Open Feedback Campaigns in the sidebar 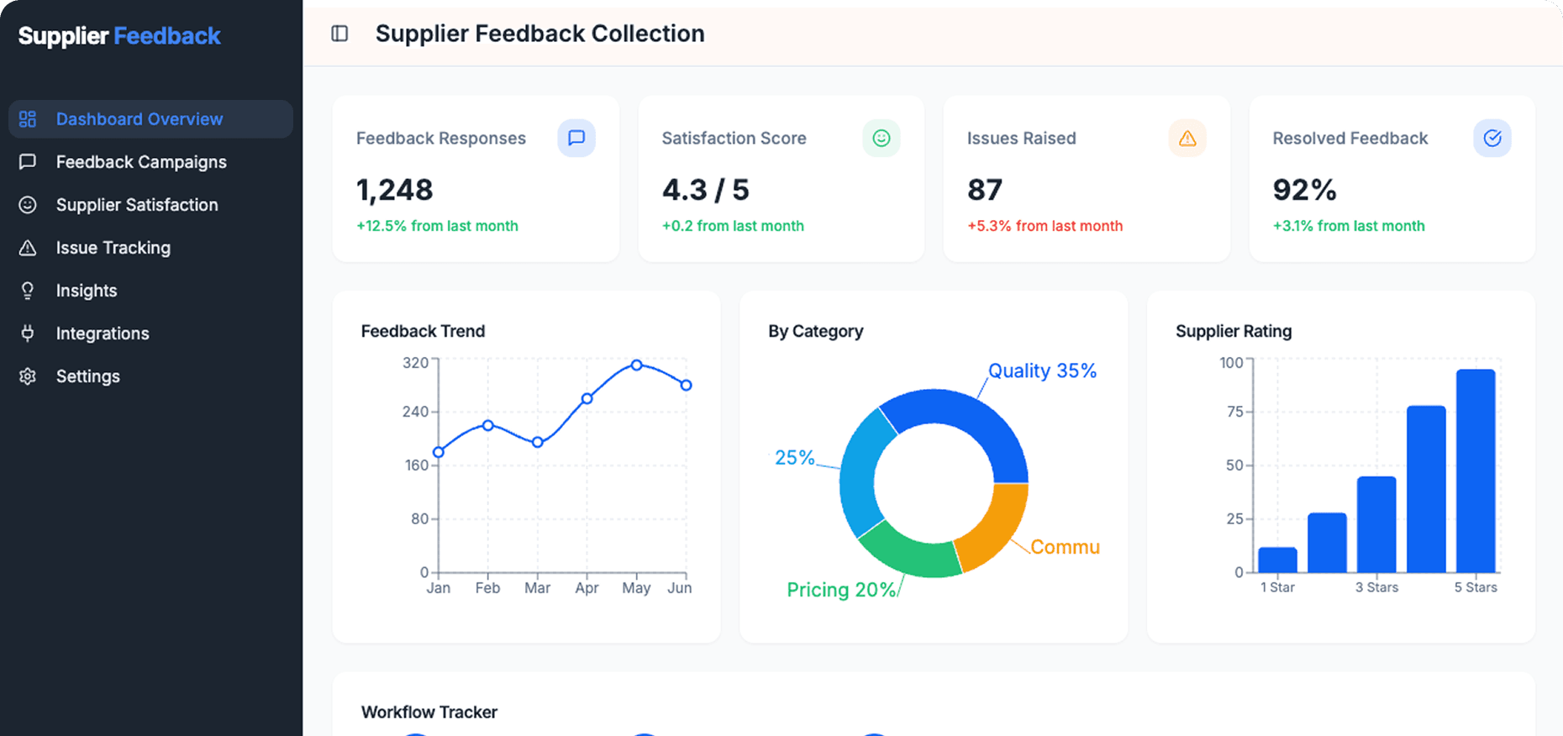140,162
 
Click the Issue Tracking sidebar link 113,248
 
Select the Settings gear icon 28,376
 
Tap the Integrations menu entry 102,334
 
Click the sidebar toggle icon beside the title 339,34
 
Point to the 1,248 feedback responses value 394,190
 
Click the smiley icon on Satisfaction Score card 881,138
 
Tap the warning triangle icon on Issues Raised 1187,138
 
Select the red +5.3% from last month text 1045,226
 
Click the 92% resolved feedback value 1303,190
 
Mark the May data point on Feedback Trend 636,365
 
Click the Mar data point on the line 538,442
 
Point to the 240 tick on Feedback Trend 416,412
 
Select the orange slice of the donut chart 992,525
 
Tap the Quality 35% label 1042,371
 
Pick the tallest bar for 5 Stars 1476,471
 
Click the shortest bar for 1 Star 1277,560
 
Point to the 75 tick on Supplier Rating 1234,412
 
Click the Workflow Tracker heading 429,712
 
